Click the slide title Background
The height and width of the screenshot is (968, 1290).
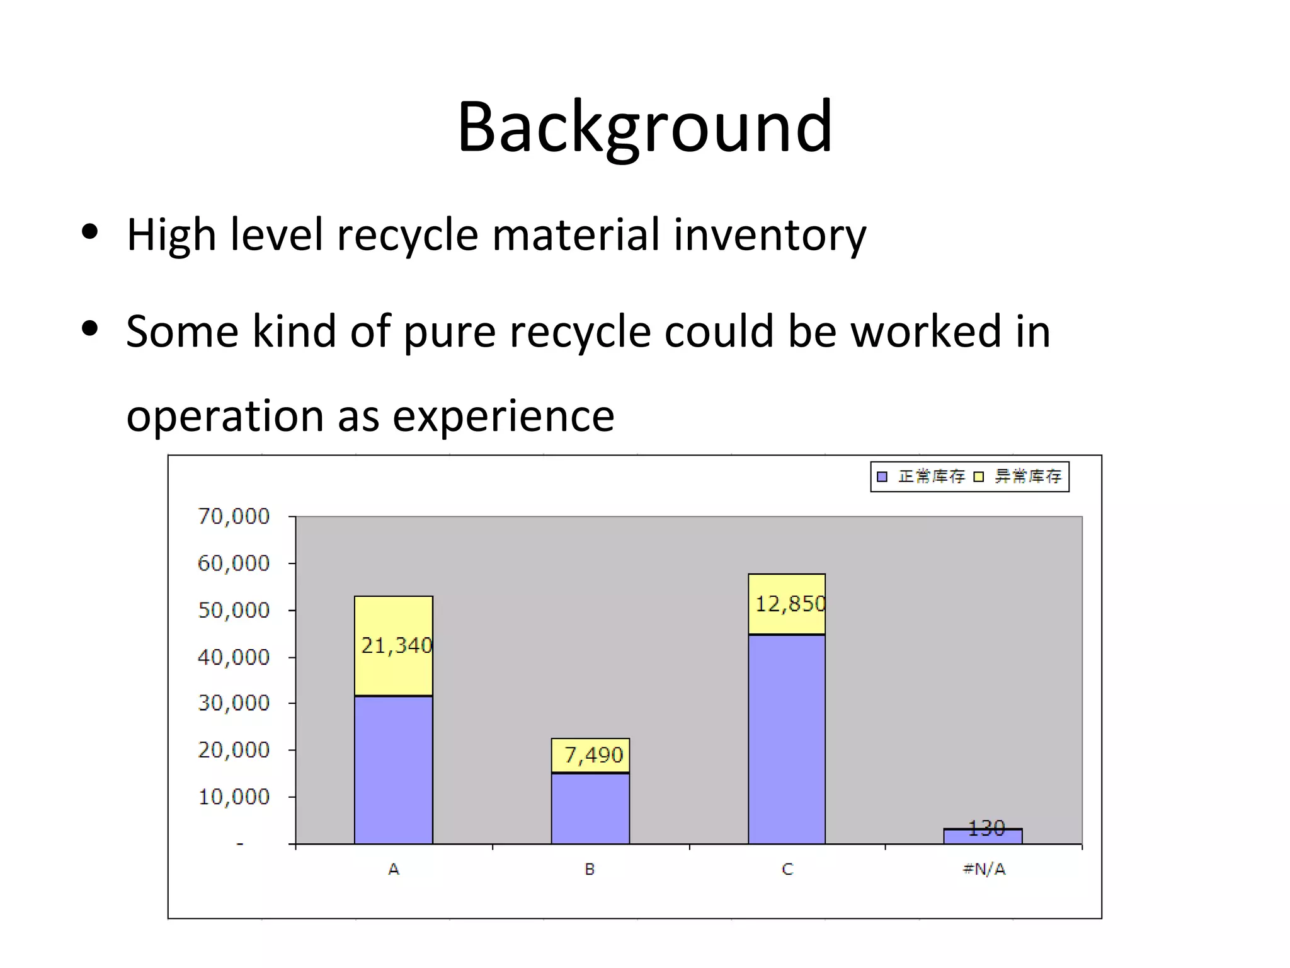click(644, 127)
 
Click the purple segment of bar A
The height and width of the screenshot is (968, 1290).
click(394, 769)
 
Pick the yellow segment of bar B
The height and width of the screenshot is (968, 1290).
click(590, 755)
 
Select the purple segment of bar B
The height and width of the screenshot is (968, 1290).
click(590, 809)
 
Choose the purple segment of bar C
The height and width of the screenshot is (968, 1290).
click(787, 739)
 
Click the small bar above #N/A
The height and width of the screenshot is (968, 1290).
click(983, 837)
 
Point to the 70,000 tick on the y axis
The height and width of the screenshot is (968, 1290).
click(234, 517)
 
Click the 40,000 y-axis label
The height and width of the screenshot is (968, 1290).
click(234, 657)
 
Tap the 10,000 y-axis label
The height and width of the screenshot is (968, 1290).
click(234, 797)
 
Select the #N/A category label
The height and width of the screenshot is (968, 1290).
click(984, 870)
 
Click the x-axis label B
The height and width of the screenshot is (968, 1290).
click(590, 870)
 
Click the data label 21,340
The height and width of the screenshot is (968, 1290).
click(397, 645)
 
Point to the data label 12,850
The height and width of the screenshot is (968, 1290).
click(791, 604)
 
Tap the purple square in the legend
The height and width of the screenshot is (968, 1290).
click(882, 477)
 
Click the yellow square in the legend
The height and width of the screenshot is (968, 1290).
click(978, 477)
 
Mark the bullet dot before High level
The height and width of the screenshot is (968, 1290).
click(90, 232)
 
